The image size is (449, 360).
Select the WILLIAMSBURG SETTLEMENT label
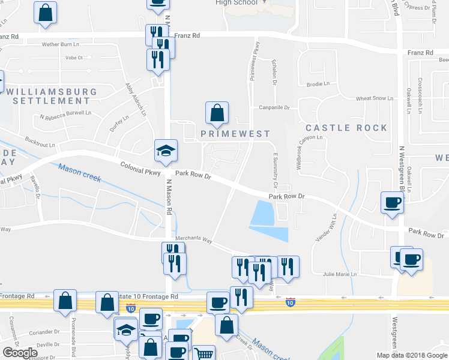(46, 96)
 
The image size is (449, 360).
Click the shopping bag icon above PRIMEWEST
(217, 112)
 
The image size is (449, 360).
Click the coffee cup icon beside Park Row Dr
(392, 202)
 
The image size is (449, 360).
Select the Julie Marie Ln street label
(340, 274)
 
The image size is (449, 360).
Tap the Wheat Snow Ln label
(374, 98)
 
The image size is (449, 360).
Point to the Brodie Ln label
(315, 85)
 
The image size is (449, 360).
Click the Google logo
(20, 353)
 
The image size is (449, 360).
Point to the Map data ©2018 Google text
(411, 355)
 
